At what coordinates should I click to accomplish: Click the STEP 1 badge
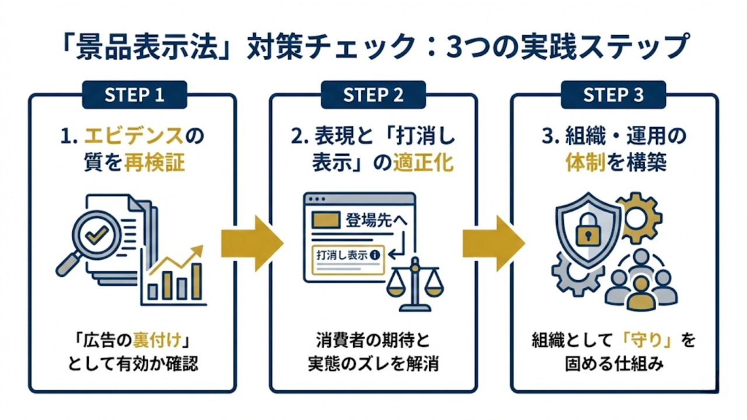134,95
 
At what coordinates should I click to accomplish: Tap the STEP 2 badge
373,95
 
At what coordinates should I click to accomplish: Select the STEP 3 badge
614,95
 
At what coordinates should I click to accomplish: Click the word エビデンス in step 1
134,138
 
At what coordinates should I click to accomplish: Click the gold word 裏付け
155,340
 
